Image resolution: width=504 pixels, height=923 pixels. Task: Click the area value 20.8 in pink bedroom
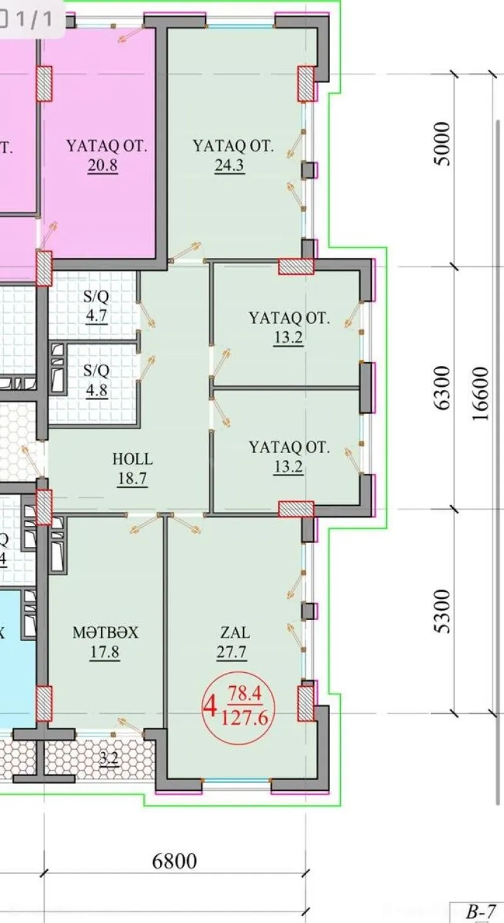tap(105, 166)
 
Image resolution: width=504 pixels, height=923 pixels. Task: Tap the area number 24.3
tap(230, 166)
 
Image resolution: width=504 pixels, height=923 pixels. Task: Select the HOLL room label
tap(132, 459)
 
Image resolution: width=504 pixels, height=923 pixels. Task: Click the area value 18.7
tap(132, 479)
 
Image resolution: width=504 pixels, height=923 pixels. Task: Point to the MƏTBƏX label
tap(105, 633)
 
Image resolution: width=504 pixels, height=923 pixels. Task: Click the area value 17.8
tap(105, 653)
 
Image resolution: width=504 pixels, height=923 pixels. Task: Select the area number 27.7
tap(231, 653)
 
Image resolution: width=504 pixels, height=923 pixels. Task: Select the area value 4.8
tap(96, 389)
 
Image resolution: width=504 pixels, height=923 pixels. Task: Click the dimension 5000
tap(444, 144)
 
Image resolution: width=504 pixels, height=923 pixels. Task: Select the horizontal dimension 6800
tap(175, 861)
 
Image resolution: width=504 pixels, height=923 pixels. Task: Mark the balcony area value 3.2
tap(109, 759)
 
